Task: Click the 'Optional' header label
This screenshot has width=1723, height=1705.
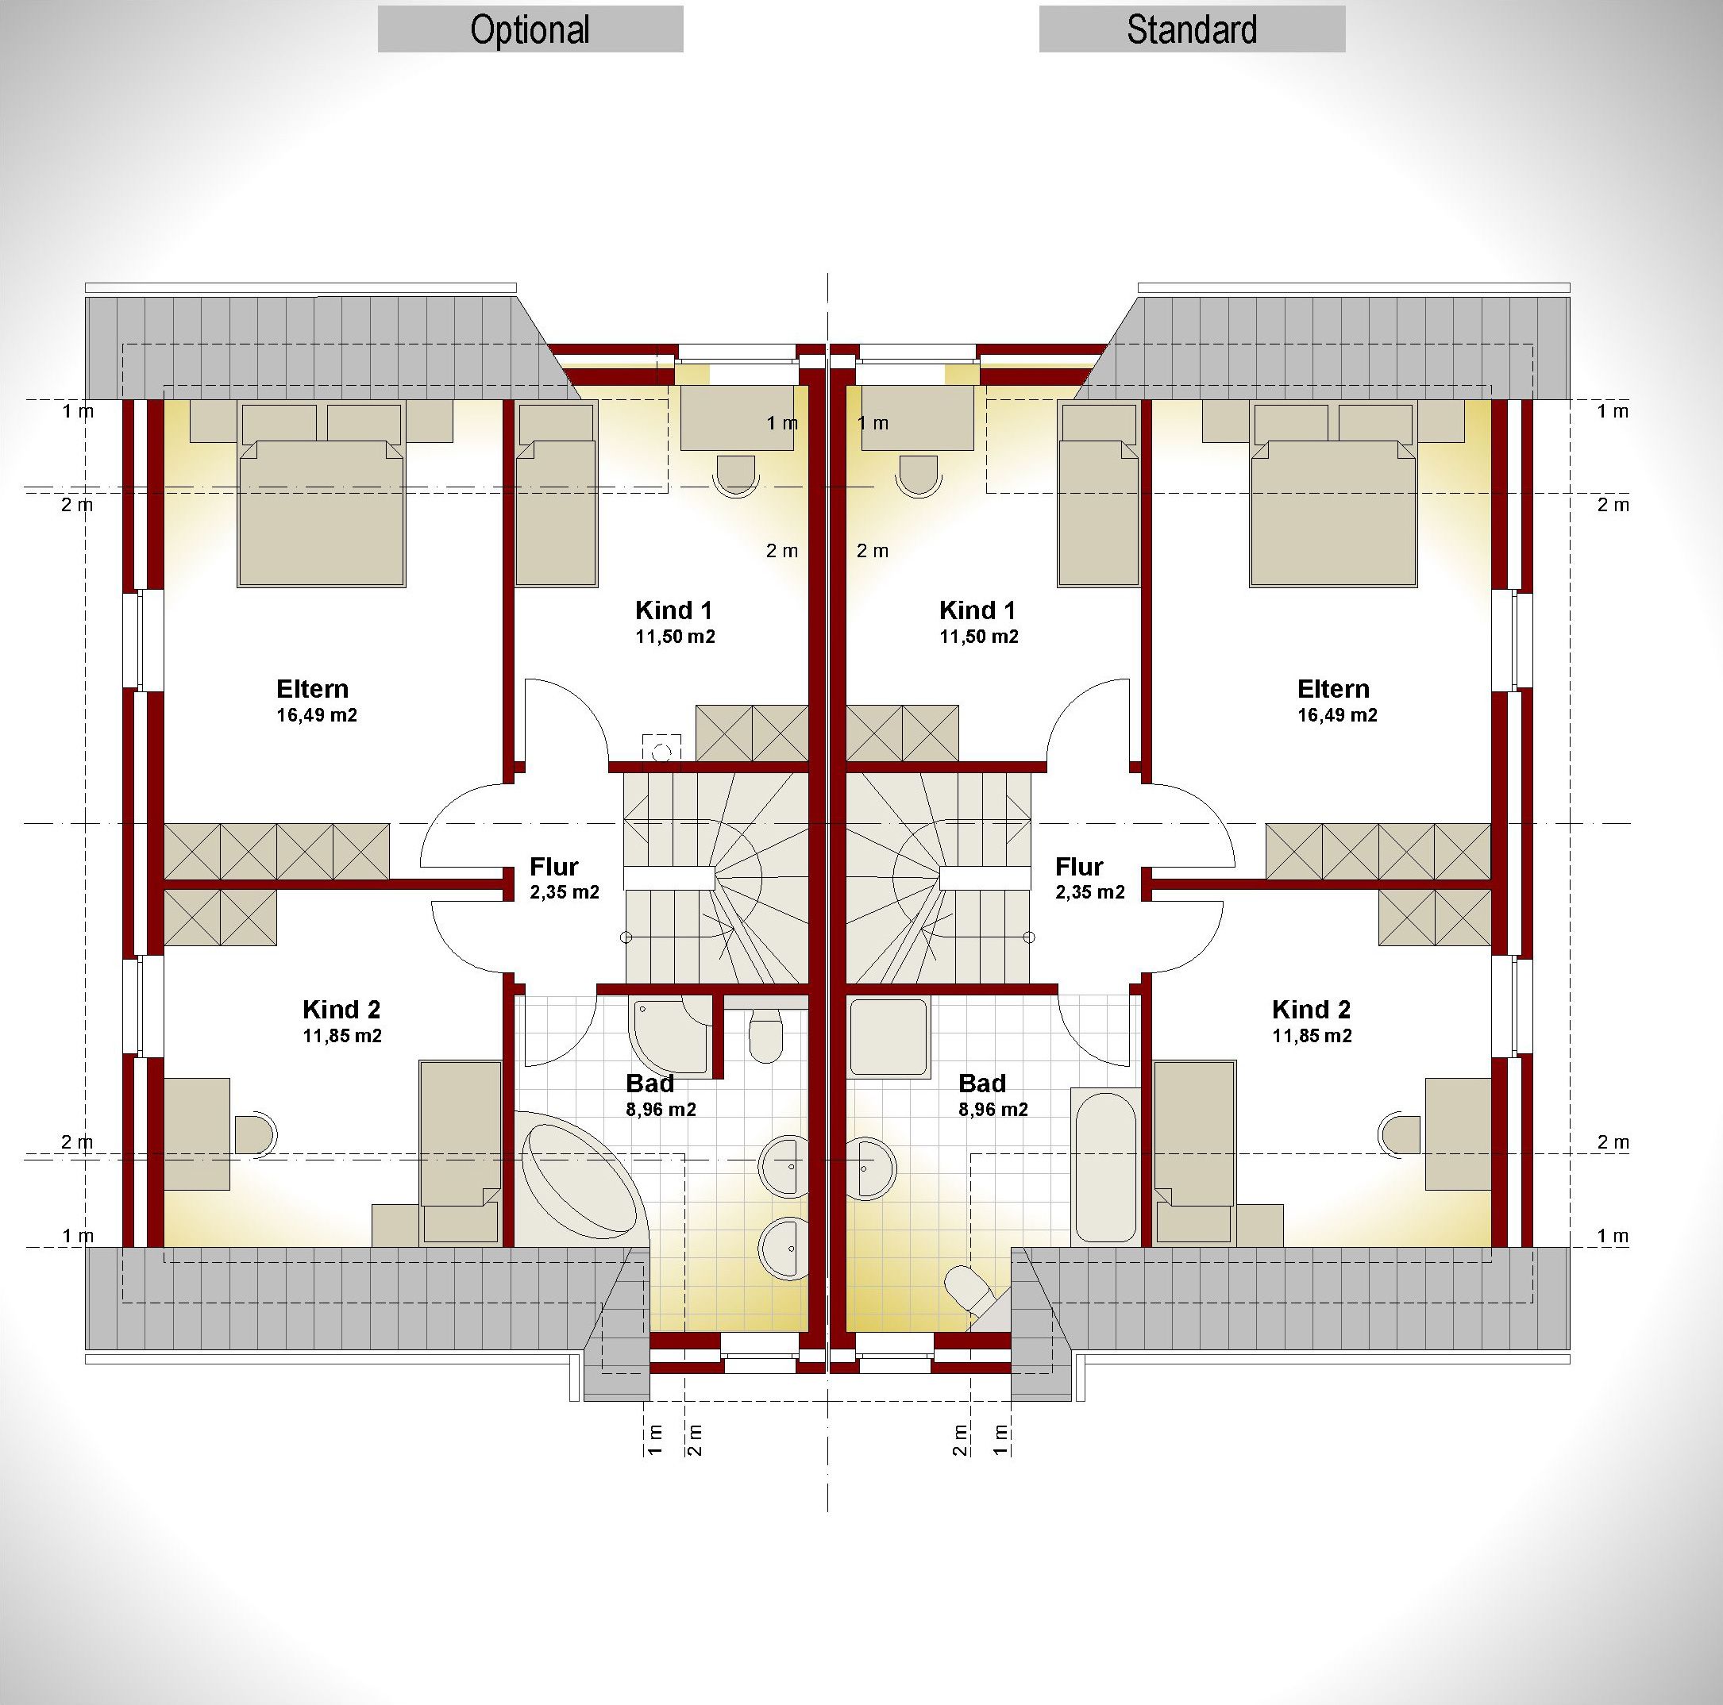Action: (x=530, y=30)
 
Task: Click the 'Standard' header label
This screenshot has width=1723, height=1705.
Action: (x=1192, y=30)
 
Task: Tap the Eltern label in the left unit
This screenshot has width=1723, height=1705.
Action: (x=312, y=688)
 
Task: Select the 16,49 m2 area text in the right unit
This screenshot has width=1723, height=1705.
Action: (x=1337, y=715)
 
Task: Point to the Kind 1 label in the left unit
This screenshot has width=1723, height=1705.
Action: (x=673, y=611)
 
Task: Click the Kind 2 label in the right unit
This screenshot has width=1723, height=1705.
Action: (x=1311, y=1010)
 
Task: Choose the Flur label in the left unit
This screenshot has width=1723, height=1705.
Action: (x=554, y=867)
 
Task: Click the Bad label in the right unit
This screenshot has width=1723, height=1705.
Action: (x=982, y=1083)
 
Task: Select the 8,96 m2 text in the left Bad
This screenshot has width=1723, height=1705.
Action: (x=661, y=1110)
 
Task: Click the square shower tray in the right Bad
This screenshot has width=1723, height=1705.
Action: (x=888, y=1037)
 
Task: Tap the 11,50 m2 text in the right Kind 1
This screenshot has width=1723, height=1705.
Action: (x=978, y=637)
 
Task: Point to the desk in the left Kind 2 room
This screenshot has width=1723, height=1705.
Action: (x=197, y=1134)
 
